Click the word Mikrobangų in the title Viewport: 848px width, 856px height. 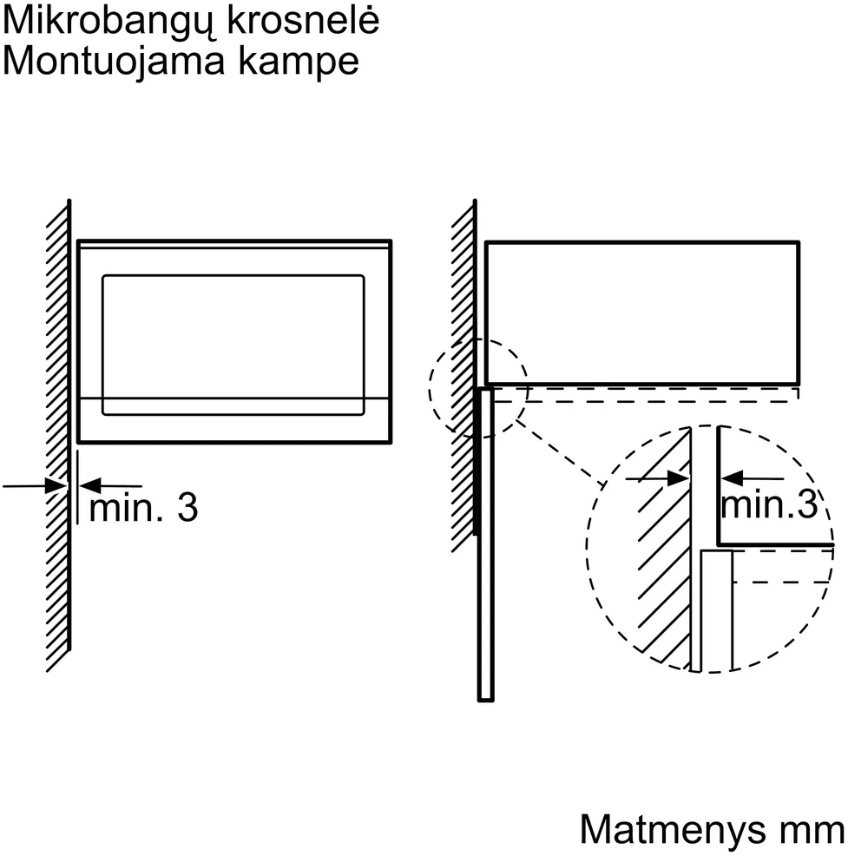click(x=108, y=23)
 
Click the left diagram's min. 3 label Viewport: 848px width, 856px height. click(x=143, y=508)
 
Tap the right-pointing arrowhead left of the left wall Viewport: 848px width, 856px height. click(x=56, y=485)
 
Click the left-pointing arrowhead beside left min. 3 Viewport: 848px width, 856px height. click(x=90, y=485)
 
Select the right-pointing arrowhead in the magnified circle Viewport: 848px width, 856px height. click(x=678, y=478)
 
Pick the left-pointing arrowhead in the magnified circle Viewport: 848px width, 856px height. click(x=732, y=478)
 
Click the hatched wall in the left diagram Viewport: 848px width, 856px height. click(x=58, y=437)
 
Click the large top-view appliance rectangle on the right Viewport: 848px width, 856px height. click(x=642, y=242)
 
